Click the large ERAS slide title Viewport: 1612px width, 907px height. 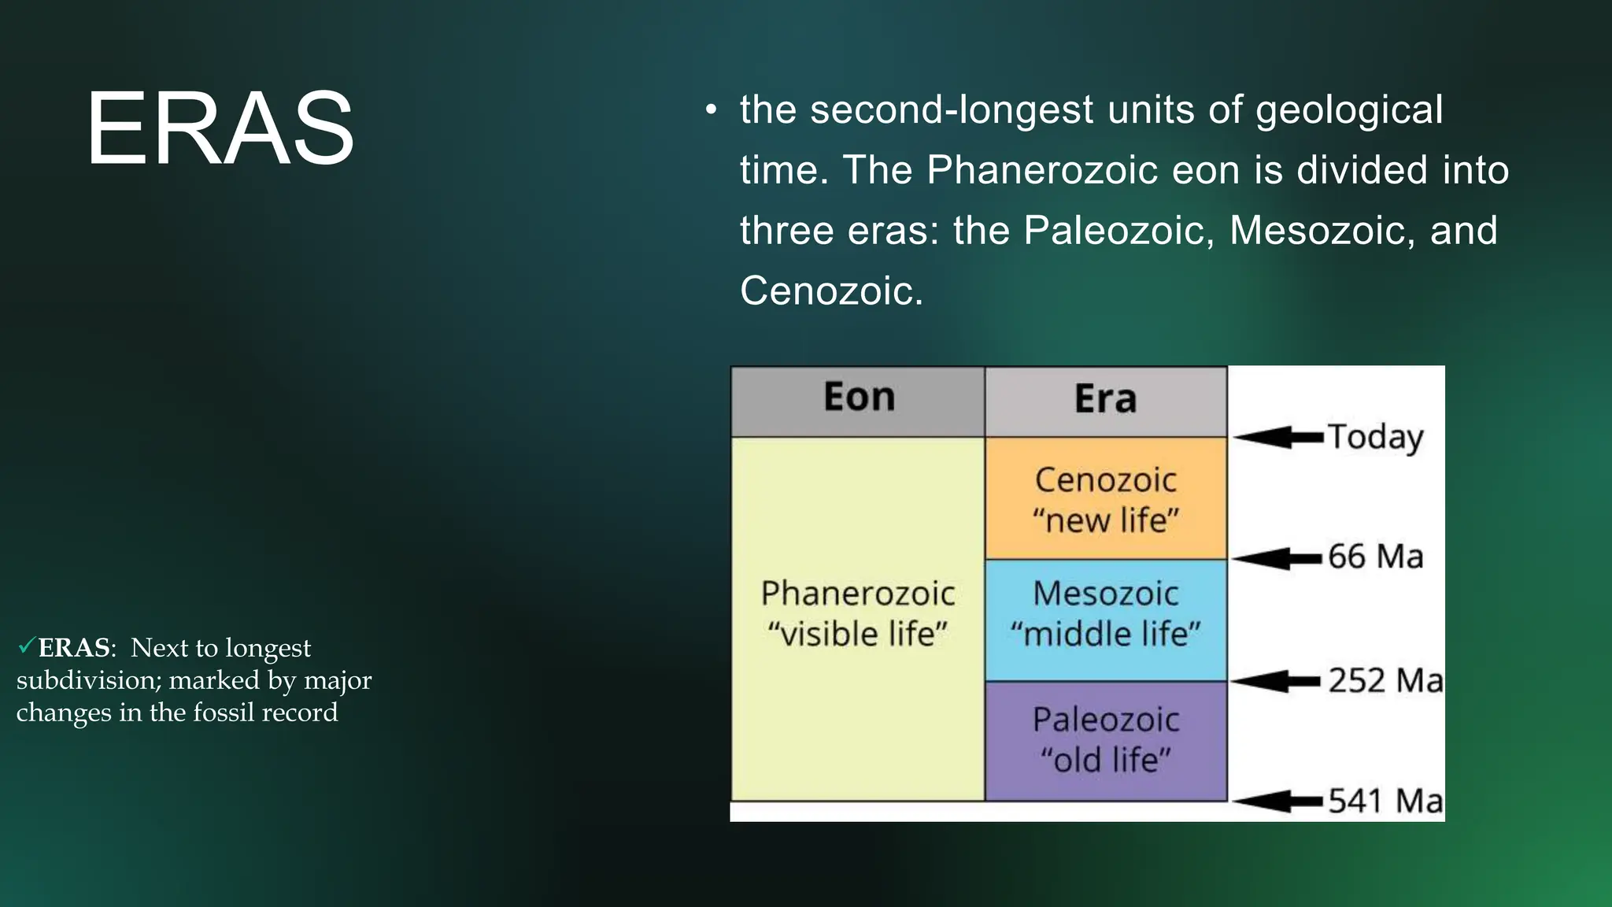tap(220, 128)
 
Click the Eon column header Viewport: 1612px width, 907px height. tap(859, 398)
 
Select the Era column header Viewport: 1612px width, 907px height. tap(1105, 399)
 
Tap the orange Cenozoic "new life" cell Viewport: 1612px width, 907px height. tap(1105, 499)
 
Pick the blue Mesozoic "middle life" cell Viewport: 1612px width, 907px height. tap(1105, 614)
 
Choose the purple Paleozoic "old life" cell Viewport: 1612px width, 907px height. tap(1105, 740)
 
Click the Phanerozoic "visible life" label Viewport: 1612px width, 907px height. tap(857, 613)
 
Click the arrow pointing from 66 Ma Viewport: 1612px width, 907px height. tap(1277, 558)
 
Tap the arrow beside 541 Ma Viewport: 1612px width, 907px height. tap(1277, 801)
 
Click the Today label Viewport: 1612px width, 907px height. tap(1375, 438)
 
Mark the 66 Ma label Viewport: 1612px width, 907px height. tap(1375, 557)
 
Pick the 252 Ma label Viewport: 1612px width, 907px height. tap(1385, 681)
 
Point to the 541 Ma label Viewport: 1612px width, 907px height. tap(1385, 801)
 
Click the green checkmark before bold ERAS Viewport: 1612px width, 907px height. tap(26, 646)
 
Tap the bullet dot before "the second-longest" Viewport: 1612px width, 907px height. tap(711, 111)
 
